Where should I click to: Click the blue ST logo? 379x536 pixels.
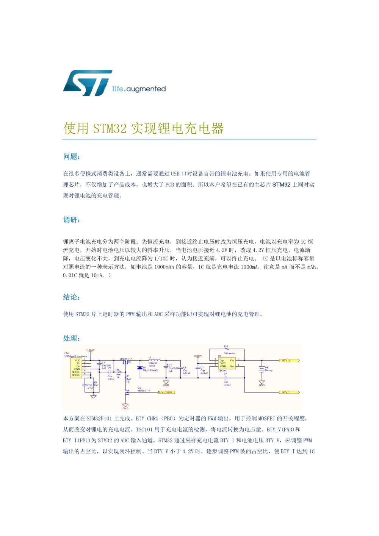pyautogui.click(x=87, y=83)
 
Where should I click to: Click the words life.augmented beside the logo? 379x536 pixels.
pyautogui.click(x=139, y=89)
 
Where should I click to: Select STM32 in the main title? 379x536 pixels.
pyautogui.click(x=110, y=128)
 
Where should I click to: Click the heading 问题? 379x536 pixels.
pyautogui.click(x=71, y=156)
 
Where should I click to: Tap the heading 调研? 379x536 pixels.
pyautogui.click(x=71, y=220)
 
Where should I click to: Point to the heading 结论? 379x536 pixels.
pyautogui.click(x=71, y=297)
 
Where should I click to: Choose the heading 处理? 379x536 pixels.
pyautogui.click(x=71, y=338)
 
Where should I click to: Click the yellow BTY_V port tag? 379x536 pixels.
pyautogui.click(x=289, y=361)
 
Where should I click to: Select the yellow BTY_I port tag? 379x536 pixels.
pyautogui.click(x=289, y=392)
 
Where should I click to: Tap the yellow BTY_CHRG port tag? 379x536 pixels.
pyautogui.click(x=166, y=392)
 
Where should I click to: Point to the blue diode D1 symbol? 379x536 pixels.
pyautogui.click(x=140, y=368)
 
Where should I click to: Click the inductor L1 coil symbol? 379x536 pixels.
pyautogui.click(x=155, y=360)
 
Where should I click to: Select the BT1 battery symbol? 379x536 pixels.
pyautogui.click(x=262, y=368)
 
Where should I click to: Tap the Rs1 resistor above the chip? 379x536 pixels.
pyautogui.click(x=227, y=349)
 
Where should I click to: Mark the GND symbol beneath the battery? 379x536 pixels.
pyautogui.click(x=262, y=382)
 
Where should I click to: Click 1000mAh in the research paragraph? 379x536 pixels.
pyautogui.click(x=164, y=267)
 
